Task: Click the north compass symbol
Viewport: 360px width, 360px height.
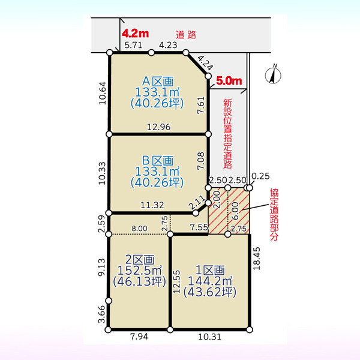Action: (x=273, y=74)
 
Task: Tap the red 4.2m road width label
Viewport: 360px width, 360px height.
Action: (x=135, y=34)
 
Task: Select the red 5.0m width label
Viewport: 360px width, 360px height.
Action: (x=229, y=81)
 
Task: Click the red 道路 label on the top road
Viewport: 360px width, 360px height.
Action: (x=186, y=35)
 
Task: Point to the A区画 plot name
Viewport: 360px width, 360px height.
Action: (x=158, y=81)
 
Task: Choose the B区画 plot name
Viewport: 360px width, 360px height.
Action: (x=158, y=160)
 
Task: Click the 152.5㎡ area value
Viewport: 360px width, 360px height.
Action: (x=140, y=271)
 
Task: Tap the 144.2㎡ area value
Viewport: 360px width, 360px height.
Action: (x=210, y=281)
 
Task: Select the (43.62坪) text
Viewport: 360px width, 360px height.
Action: (x=210, y=292)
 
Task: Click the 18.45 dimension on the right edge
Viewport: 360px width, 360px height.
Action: (x=256, y=258)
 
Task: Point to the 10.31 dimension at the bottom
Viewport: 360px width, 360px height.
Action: (x=209, y=337)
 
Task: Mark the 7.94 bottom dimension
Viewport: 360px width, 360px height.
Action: (x=139, y=337)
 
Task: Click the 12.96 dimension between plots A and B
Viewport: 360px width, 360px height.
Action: (x=159, y=127)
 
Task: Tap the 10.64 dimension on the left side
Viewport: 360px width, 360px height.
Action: (x=103, y=93)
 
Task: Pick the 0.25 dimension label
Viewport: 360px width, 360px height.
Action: (x=260, y=176)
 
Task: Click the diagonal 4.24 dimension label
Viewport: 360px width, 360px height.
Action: (x=205, y=63)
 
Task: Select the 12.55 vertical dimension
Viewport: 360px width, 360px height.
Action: (x=176, y=281)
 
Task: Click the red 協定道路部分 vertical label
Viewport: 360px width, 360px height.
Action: (x=274, y=214)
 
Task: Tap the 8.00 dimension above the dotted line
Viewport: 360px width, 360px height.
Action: (x=139, y=229)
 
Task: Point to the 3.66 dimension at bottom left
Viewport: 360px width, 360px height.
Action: (x=101, y=314)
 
